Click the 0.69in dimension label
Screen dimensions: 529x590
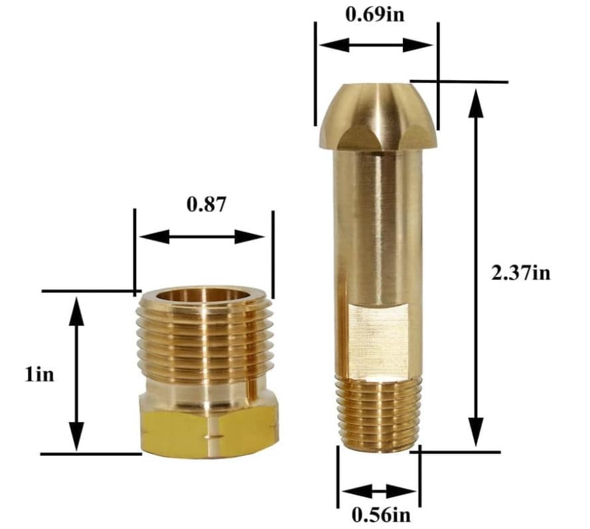[x=375, y=15]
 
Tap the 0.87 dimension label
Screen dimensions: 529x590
[x=206, y=205]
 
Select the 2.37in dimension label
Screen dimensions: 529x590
[x=522, y=273]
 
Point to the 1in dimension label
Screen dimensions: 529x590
[x=40, y=375]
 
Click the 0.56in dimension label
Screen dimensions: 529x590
[x=380, y=514]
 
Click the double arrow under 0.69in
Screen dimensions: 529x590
[x=376, y=45]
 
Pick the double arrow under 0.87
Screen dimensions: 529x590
[x=203, y=237]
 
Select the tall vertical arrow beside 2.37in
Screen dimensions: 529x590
[x=474, y=266]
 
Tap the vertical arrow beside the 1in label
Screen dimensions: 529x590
[x=77, y=373]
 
